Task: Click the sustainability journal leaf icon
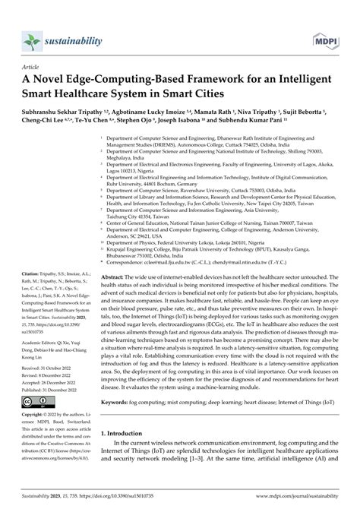tap(31, 18)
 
